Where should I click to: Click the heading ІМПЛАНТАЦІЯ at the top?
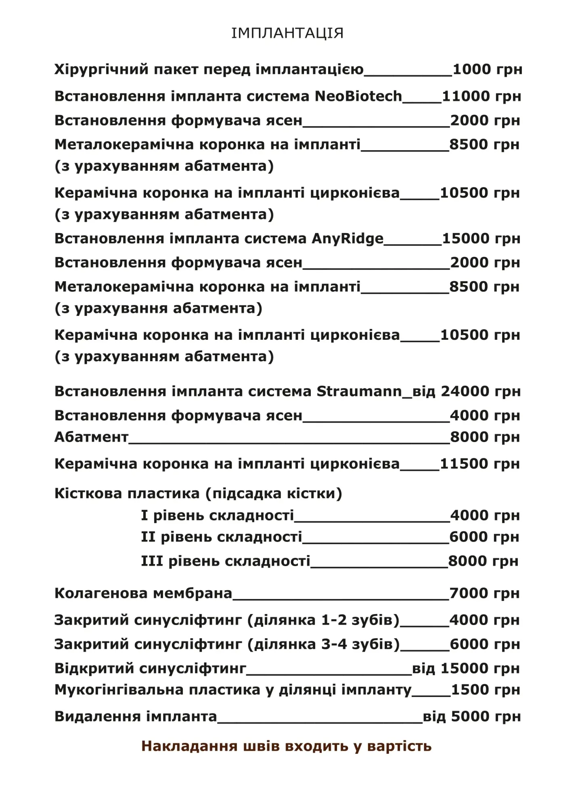(x=287, y=33)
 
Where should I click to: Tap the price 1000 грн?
(x=487, y=69)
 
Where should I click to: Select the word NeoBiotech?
(x=358, y=96)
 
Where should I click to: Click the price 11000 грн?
(x=482, y=96)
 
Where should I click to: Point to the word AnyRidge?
(x=347, y=239)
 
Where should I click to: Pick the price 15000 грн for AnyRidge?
(x=481, y=238)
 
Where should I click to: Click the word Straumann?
(x=359, y=391)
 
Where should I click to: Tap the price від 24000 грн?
(x=467, y=391)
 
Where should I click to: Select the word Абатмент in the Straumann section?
(x=91, y=437)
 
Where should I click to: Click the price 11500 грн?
(x=480, y=464)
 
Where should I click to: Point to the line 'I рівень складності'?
(x=217, y=516)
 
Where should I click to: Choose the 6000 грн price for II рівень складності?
(x=484, y=537)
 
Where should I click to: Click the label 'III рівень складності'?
(x=225, y=561)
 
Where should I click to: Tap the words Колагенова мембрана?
(x=143, y=593)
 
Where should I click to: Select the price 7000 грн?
(x=484, y=593)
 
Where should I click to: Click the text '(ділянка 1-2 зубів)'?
(x=323, y=620)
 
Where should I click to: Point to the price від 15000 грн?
(x=466, y=668)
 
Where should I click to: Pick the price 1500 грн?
(x=485, y=690)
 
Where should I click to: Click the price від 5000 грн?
(x=471, y=716)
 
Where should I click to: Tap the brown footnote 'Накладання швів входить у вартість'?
(x=286, y=746)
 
